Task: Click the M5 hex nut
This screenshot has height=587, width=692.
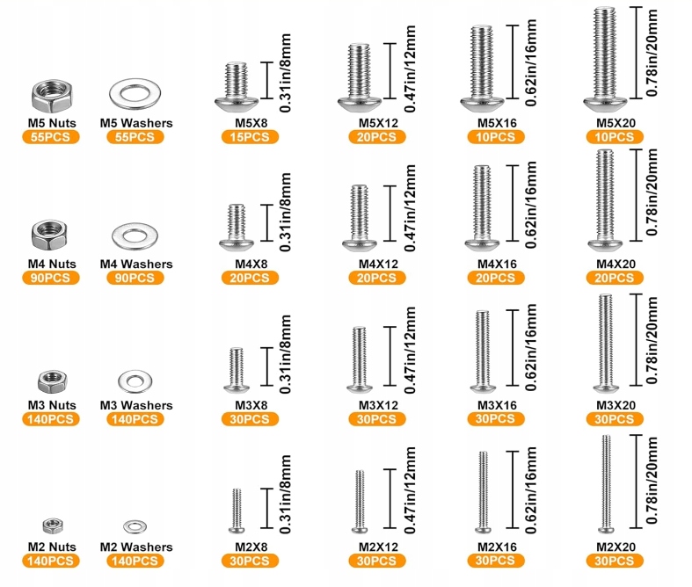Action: pos(52,96)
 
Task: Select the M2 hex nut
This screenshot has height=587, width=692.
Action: pos(53,525)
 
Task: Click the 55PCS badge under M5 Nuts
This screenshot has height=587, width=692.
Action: pos(51,137)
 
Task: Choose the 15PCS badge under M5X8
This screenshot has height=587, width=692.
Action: pos(250,137)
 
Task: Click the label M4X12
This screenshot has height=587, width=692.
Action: pos(378,265)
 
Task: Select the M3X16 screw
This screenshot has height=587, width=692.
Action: pos(483,351)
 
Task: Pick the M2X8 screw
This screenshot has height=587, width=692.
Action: pos(237,511)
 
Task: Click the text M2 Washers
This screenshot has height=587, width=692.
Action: pos(136,547)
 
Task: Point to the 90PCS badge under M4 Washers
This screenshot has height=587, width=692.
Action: pos(135,279)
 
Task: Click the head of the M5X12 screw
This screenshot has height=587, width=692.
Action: pos(360,104)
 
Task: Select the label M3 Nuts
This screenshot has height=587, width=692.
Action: pos(52,405)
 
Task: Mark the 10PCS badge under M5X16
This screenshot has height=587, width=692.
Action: pos(496,137)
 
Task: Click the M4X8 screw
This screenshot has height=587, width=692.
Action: pos(237,228)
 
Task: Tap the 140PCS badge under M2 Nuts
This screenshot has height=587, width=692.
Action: pos(51,561)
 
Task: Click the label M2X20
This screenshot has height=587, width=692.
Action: pos(616,547)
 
